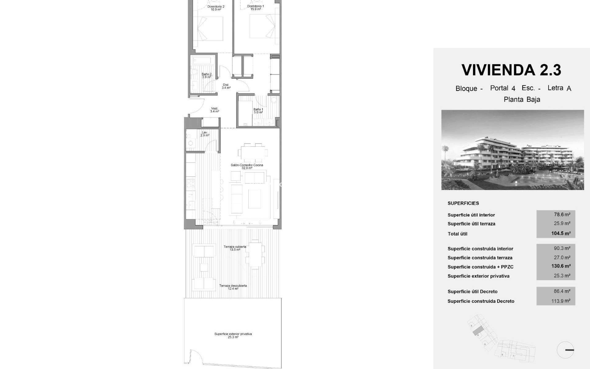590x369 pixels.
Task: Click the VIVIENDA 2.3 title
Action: (x=511, y=70)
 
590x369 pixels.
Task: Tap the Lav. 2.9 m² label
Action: (x=205, y=134)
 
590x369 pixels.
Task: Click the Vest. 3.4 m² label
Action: (x=214, y=110)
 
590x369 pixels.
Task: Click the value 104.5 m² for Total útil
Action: (x=561, y=233)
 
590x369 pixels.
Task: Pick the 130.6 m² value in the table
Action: (x=561, y=266)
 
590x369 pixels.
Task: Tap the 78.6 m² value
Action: (x=562, y=215)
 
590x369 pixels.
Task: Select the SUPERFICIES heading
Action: (x=463, y=203)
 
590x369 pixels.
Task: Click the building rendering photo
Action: (x=513, y=150)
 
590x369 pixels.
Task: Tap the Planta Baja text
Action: (x=522, y=100)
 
